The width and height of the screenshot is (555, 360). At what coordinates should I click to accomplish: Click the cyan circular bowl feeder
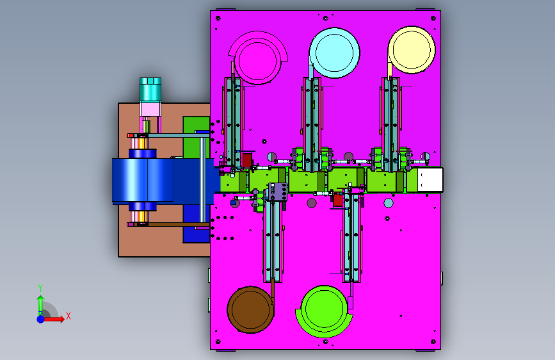(335, 53)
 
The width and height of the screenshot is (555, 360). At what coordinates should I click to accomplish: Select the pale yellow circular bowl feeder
(412, 49)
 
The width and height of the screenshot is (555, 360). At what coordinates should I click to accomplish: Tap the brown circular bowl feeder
(250, 309)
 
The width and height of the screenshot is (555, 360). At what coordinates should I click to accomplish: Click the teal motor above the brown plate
(150, 90)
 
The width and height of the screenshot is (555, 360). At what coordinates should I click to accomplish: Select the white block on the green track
(430, 179)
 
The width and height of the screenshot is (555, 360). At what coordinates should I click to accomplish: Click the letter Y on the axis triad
(40, 288)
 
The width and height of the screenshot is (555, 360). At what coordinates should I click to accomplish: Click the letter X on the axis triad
(68, 316)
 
